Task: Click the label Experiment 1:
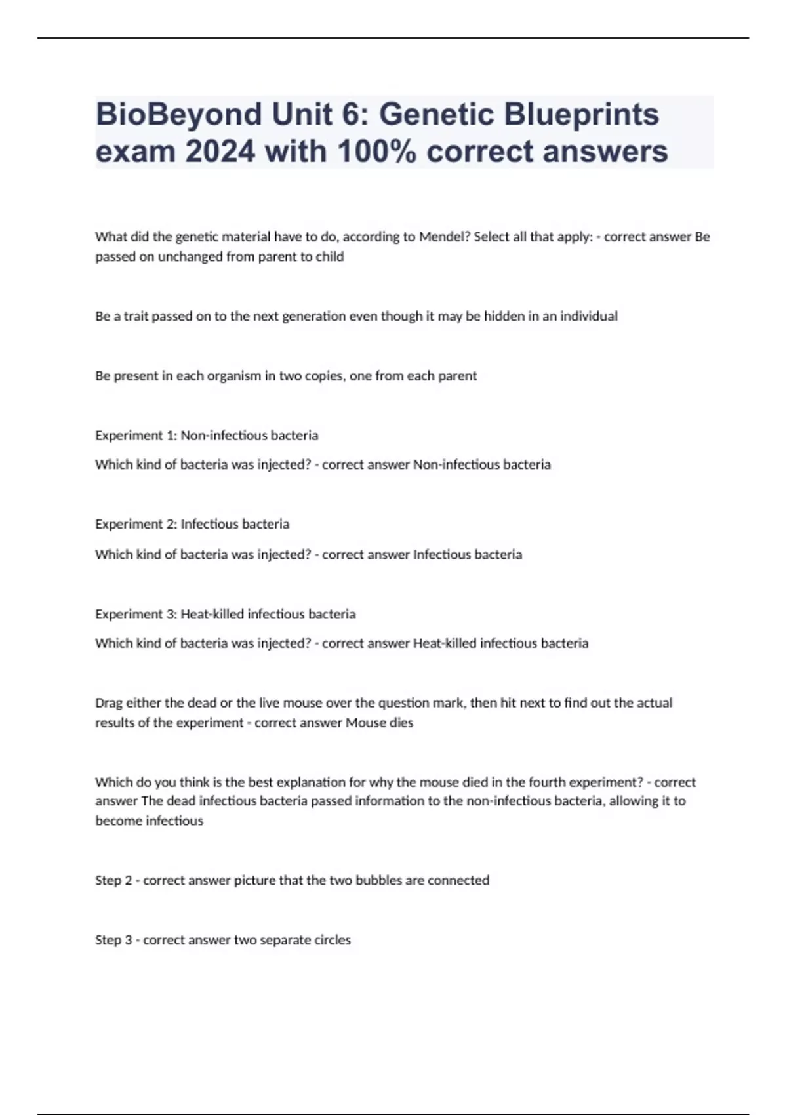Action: tap(136, 436)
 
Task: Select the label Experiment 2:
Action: tap(136, 524)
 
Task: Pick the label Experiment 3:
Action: tap(136, 614)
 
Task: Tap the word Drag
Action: tap(109, 703)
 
